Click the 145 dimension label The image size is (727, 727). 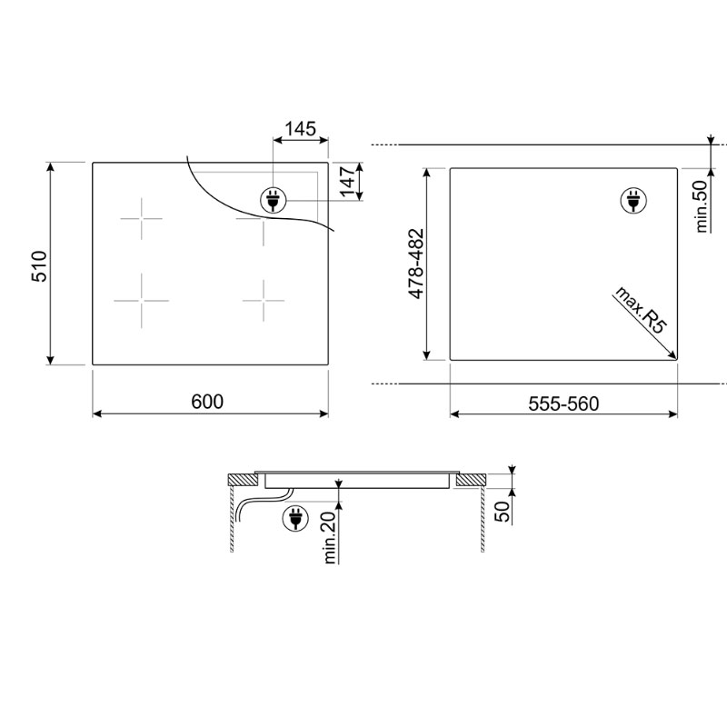click(x=300, y=129)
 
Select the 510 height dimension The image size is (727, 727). click(x=39, y=266)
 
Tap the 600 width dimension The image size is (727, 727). click(x=207, y=402)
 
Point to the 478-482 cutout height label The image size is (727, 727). click(x=416, y=264)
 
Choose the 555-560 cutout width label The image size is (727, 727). click(x=563, y=403)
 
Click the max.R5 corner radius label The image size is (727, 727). click(x=640, y=310)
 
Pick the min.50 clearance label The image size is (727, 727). click(x=702, y=206)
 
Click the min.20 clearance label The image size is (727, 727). click(x=330, y=537)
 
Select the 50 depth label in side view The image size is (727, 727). click(x=503, y=512)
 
